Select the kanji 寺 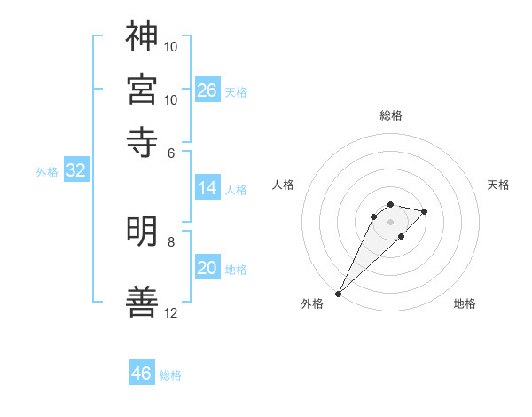[x=142, y=142]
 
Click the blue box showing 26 [x=207, y=90]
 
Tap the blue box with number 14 [x=207, y=188]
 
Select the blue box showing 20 [x=207, y=269]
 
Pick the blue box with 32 [x=75, y=171]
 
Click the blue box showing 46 [x=142, y=374]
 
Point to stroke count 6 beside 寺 [x=171, y=153]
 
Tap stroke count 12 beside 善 [x=171, y=313]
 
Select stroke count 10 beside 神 [x=171, y=45]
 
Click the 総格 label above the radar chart [x=391, y=115]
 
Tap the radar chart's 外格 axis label [x=312, y=303]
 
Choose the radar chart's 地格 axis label [x=465, y=303]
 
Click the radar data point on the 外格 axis [x=339, y=294]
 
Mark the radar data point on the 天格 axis [x=425, y=211]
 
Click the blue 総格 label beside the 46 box [x=170, y=375]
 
